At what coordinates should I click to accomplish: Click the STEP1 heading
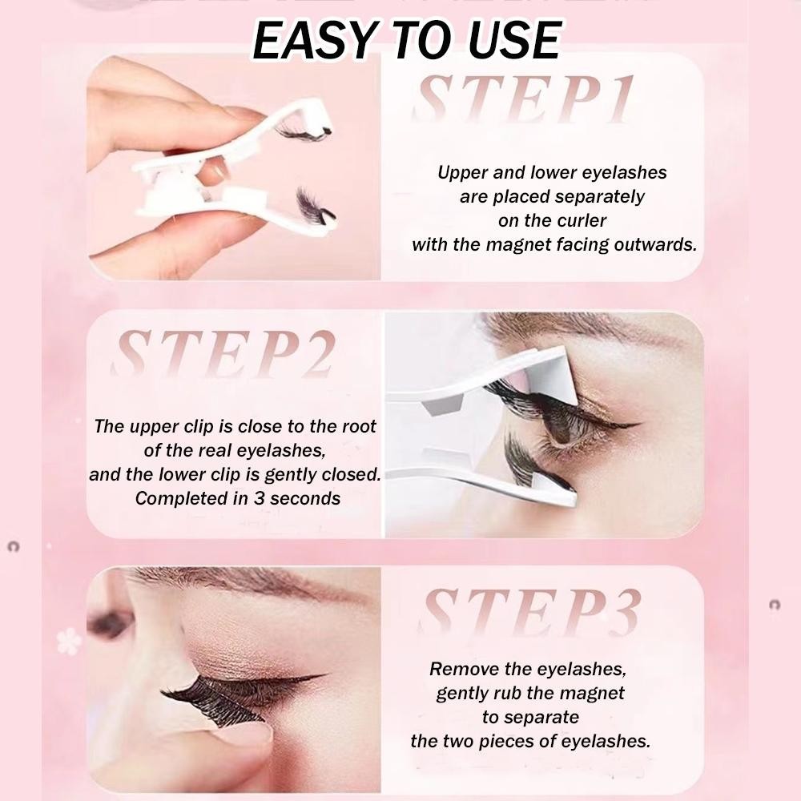click(x=523, y=99)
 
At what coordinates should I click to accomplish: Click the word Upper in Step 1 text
click(x=462, y=173)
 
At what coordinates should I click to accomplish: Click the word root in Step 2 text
click(x=359, y=426)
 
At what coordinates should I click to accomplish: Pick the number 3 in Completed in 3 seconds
click(x=260, y=498)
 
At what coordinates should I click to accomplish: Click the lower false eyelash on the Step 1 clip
click(x=315, y=206)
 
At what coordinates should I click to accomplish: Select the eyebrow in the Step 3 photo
click(x=245, y=584)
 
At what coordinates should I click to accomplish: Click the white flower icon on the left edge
click(x=68, y=642)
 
